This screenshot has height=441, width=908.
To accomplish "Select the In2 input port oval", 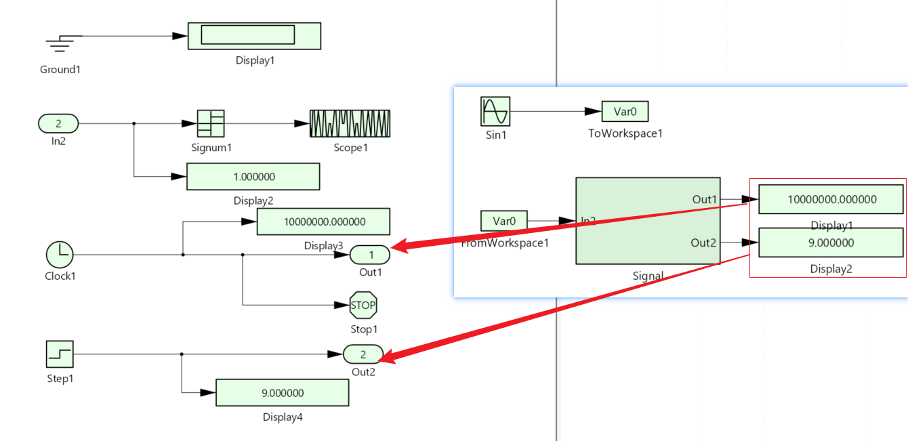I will coord(58,124).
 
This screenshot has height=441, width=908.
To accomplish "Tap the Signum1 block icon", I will coord(211,124).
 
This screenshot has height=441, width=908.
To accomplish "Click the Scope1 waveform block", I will coord(350,124).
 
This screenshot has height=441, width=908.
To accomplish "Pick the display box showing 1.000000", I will coord(253,177).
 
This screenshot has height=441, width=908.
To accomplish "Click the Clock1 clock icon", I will coord(60,255).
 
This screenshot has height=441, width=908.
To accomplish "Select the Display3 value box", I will coord(323,222).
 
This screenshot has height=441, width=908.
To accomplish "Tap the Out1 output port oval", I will coord(370,255).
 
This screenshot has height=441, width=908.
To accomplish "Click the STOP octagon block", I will coord(363,306).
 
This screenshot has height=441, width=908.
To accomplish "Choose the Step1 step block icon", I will coord(60,354).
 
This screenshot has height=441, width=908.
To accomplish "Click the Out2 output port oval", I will coord(363,354).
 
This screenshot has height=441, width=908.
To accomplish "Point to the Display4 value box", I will coord(282,393).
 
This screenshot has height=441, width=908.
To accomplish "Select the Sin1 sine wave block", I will coord(495,110).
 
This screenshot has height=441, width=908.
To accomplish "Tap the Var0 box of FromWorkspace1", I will coord(503,221).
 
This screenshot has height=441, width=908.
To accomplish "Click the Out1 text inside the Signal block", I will coord(704,199).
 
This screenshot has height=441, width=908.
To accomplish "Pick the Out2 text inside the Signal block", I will coord(704,243).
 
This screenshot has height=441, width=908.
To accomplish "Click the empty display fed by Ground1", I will coord(254,36).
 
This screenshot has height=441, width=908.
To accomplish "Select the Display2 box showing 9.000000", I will coord(831,243).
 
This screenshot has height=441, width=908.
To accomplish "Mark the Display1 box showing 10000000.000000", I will coord(831,199).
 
